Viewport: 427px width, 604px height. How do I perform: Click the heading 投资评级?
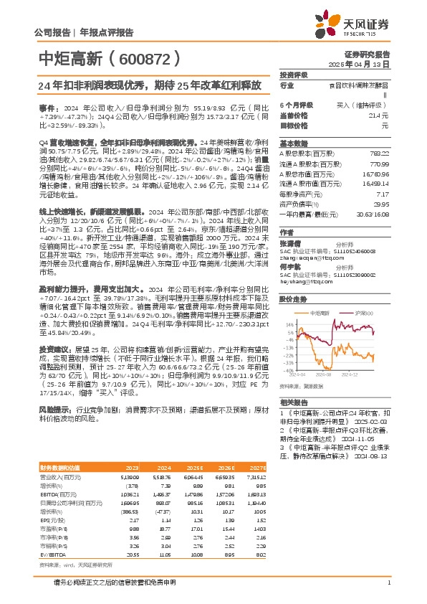pyautogui.click(x=293, y=75)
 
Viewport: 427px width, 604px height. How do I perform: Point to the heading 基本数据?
pyautogui.click(x=293, y=142)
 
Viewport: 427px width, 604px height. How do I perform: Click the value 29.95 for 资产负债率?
pyautogui.click(x=381, y=204)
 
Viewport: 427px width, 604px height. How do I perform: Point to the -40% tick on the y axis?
pyautogui.click(x=287, y=372)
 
